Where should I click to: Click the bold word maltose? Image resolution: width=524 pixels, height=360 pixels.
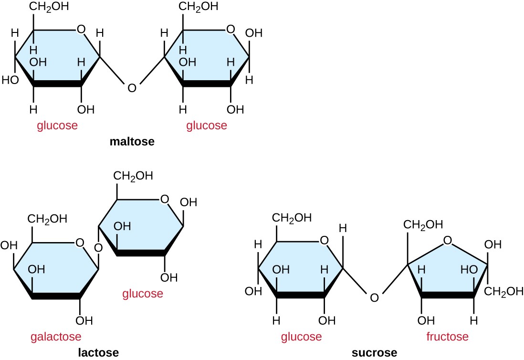coord(132,142)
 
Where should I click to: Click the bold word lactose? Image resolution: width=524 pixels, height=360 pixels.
coord(99,353)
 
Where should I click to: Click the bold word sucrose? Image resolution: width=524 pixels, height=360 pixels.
coord(374,353)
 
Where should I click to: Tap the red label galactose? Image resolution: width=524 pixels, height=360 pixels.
coord(56,337)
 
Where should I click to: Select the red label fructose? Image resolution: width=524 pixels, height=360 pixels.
coord(447,337)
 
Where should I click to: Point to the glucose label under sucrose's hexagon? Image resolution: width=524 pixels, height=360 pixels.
coord(301,337)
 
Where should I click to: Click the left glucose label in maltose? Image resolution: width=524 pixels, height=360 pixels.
coord(57,126)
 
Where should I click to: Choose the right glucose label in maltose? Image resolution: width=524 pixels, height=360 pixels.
coord(207,126)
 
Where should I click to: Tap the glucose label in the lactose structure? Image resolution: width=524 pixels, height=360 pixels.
coord(143,294)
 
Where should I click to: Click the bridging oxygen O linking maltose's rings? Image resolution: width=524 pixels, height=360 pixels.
coord(132,88)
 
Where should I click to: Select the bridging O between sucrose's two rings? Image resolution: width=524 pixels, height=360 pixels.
coord(374,298)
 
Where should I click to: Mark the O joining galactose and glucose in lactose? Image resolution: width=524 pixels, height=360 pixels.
coord(98,248)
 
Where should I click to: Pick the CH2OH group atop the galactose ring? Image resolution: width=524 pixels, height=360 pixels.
coord(47,219)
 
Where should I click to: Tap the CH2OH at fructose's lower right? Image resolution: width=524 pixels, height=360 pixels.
coord(504,291)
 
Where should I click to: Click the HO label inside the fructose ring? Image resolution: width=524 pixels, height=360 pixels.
coord(469,270)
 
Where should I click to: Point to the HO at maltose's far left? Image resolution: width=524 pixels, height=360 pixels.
coord(10,80)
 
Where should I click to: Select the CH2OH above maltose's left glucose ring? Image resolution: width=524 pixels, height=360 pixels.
coord(49,7)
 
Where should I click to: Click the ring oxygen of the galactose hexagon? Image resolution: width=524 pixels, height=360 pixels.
coord(80,243)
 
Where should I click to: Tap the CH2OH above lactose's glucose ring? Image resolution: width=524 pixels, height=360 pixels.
coord(133,176)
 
